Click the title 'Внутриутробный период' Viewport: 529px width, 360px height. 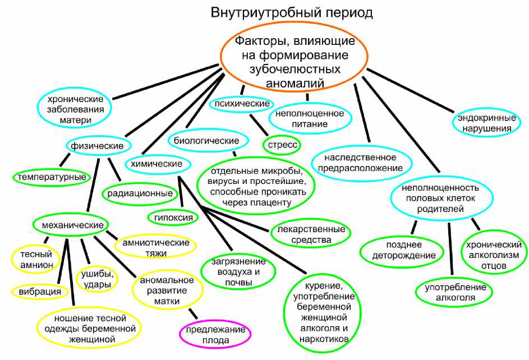click(x=291, y=12)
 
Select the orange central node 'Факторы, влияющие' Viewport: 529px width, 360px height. click(x=294, y=61)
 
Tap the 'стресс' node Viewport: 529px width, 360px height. click(x=282, y=145)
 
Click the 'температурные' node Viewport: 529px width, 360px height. click(x=51, y=177)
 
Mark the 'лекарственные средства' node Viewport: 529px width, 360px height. click(x=310, y=235)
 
